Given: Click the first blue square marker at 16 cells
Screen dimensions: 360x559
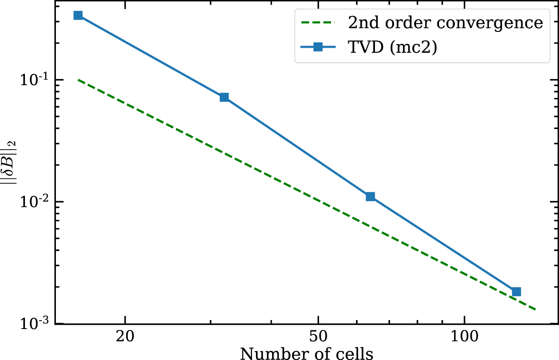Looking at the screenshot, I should pos(78,15).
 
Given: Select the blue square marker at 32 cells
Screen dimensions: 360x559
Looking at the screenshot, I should pos(224,97).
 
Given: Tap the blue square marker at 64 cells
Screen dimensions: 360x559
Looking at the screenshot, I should pos(370,197).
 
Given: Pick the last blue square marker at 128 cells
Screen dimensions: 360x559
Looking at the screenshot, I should pos(516,292).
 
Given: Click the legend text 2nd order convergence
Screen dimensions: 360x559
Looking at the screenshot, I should pos(445,23).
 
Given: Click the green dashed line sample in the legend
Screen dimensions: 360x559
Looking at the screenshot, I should pos(318,23).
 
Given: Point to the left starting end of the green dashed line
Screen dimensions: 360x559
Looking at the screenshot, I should pos(78,80).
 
